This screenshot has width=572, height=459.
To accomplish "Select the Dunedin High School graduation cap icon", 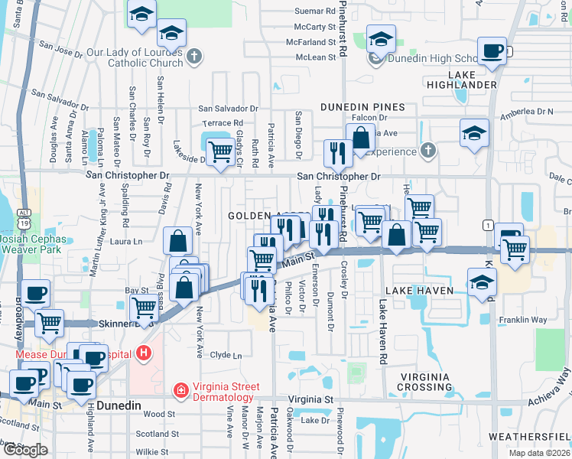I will (380, 41).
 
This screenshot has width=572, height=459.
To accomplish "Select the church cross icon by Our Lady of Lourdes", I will (194, 56).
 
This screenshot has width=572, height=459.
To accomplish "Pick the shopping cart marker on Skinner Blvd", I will (144, 308).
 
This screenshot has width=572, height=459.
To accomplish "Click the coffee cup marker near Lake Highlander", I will (491, 51).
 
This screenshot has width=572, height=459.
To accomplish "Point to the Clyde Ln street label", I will (226, 355).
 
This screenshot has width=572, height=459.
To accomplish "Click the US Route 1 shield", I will (488, 224).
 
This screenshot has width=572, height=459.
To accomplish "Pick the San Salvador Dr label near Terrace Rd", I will (229, 109).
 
